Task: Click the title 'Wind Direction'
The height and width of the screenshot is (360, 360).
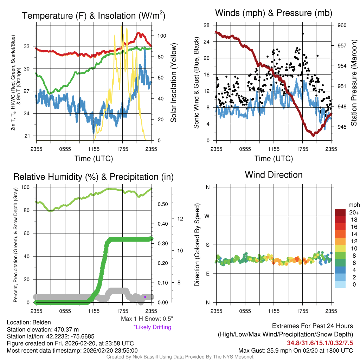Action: pyautogui.click(x=274, y=175)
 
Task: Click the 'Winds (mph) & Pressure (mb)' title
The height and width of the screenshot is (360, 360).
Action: pyautogui.click(x=274, y=13)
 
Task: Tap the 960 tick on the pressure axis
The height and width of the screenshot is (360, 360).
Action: pyautogui.click(x=342, y=25)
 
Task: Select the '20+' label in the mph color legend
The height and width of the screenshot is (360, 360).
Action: pyautogui.click(x=354, y=212)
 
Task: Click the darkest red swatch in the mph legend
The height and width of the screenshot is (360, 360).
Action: pyautogui.click(x=341, y=212)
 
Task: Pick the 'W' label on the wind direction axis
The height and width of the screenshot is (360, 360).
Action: pyautogui.click(x=207, y=216)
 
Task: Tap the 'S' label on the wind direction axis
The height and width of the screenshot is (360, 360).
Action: pyautogui.click(x=207, y=245)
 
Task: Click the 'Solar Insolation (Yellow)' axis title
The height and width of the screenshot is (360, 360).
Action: pyautogui.click(x=173, y=83)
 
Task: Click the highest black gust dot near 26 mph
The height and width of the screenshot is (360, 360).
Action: pyautogui.click(x=302, y=34)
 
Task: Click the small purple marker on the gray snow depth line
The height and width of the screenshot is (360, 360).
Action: pyautogui.click(x=145, y=297)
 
